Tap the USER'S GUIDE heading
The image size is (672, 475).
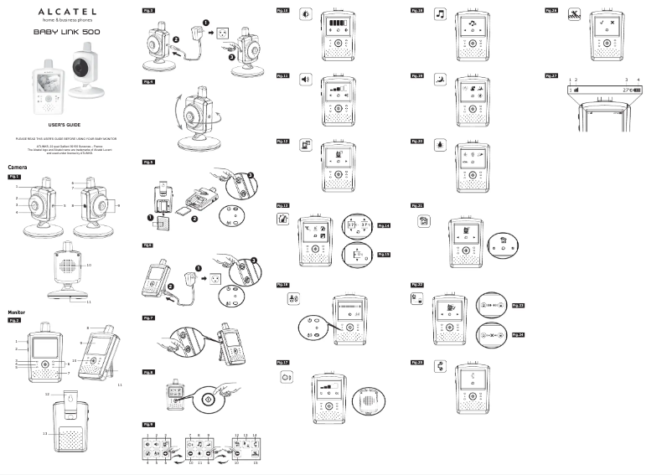64,122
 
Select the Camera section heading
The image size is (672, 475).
18,168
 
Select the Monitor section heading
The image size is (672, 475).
19,312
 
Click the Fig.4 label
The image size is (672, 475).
148,82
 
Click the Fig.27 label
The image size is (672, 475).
551,75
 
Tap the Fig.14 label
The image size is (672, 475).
385,225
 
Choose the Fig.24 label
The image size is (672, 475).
518,333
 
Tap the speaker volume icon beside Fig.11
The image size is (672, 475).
305,79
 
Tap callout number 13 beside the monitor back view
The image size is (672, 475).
44,433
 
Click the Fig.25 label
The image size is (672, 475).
416,361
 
